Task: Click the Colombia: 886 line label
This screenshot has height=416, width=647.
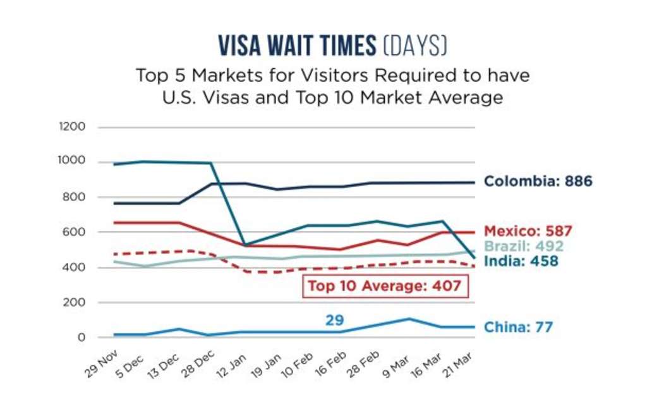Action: tap(538, 181)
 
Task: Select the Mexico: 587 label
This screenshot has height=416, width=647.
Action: tap(528, 231)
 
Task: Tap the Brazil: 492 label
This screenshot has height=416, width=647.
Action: tap(523, 246)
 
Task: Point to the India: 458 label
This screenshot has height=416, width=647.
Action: tap(521, 260)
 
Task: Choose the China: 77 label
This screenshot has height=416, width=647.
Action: tap(518, 327)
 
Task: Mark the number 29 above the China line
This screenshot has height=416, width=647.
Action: tap(334, 320)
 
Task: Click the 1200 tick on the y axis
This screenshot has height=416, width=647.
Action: tap(71, 127)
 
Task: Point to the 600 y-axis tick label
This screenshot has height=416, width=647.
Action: tap(75, 232)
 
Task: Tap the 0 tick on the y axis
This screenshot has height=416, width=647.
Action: tap(81, 337)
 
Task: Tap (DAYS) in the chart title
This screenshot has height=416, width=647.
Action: tap(414, 46)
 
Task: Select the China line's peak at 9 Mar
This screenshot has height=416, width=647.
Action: tap(408, 319)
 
